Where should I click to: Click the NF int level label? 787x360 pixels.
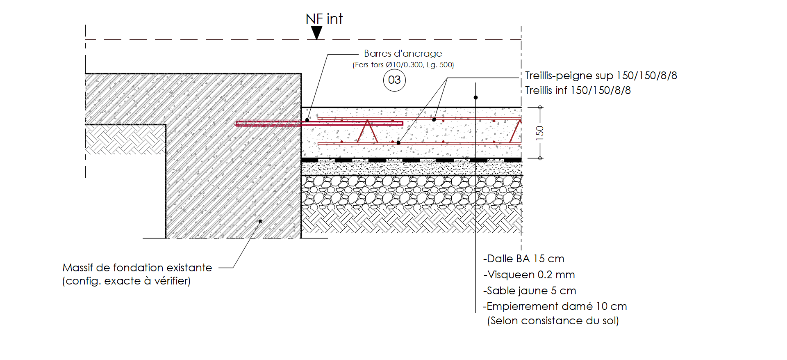(324, 19)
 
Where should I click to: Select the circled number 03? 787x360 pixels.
(394, 80)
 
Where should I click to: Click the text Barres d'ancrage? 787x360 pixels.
(403, 53)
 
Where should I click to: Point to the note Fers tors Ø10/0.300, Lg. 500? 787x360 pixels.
(403, 65)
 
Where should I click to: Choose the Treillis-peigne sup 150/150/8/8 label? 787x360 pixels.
(601, 76)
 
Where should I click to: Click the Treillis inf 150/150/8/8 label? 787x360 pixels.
(578, 90)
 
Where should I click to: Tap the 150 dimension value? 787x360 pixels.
(540, 133)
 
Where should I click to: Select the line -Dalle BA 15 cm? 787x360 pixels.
(523, 259)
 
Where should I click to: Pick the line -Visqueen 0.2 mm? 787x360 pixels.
(529, 275)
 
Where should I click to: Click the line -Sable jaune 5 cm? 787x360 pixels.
(530, 291)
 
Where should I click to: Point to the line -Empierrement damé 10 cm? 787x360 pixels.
(555, 306)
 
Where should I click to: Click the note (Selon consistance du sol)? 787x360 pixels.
(553, 321)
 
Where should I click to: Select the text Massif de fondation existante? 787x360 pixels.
(137, 268)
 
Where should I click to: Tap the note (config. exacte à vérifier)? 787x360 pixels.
(126, 281)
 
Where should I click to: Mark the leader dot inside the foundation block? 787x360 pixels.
(260, 221)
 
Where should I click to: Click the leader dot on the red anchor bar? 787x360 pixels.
(307, 120)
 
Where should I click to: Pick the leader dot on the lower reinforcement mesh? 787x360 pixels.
(398, 143)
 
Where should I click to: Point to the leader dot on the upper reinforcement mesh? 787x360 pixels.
(434, 120)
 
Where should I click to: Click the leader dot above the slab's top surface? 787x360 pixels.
(475, 97)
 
